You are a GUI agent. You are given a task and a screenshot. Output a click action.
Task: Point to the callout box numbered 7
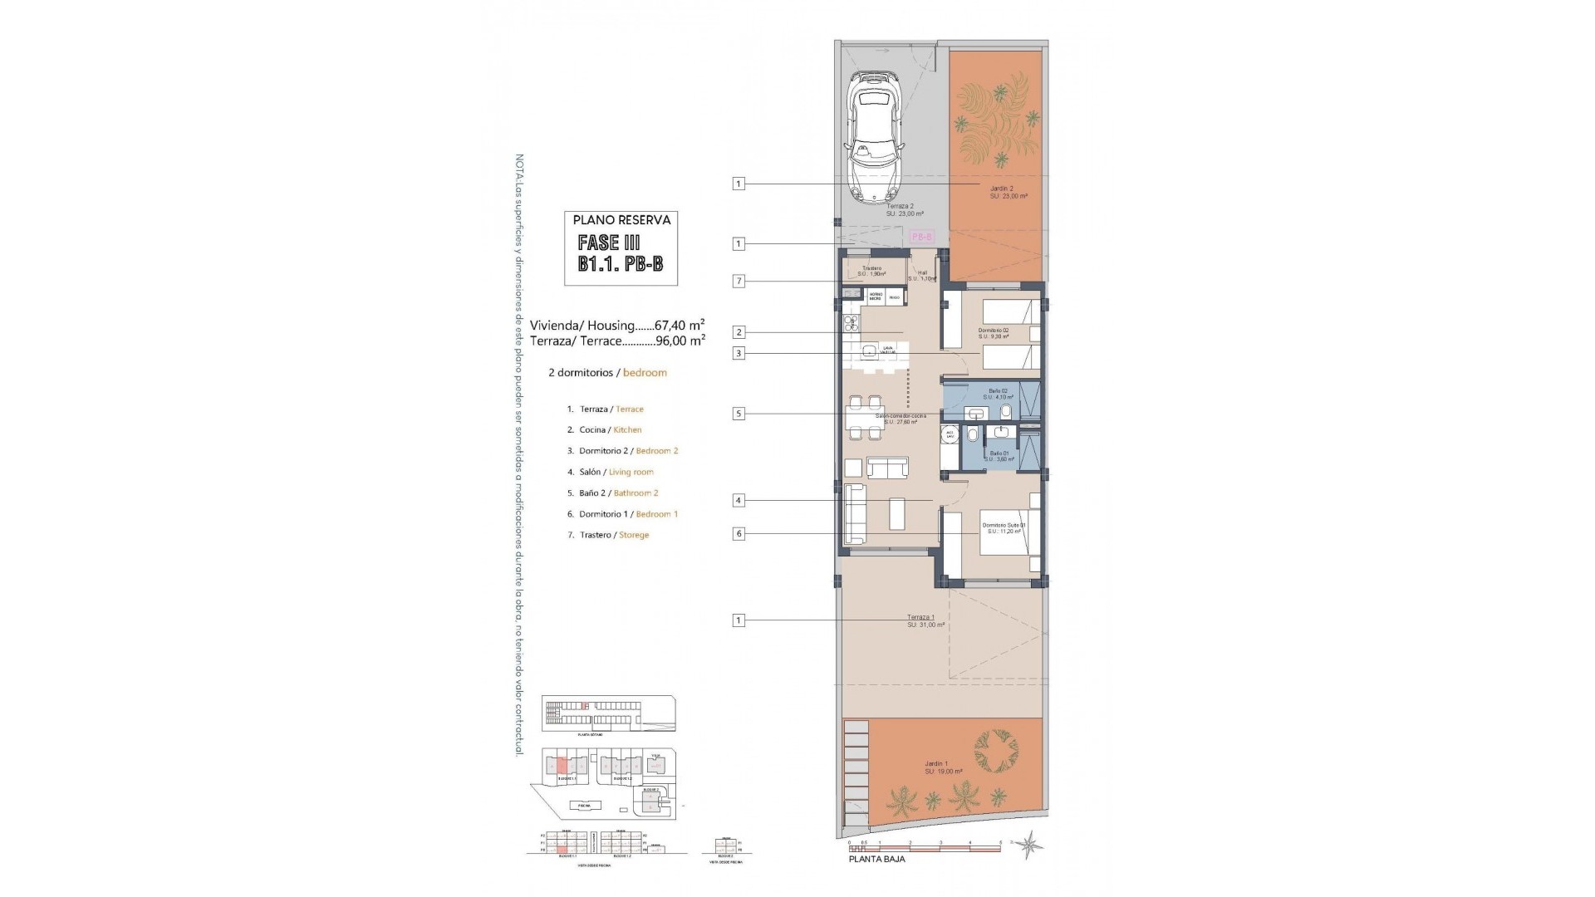tap(739, 282)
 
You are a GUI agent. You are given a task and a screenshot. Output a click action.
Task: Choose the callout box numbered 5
tap(739, 414)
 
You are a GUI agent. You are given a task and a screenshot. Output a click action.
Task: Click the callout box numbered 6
tap(739, 534)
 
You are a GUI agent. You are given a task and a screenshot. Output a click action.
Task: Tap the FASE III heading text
tap(611, 243)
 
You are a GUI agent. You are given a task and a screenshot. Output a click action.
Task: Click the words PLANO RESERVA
tap(621, 220)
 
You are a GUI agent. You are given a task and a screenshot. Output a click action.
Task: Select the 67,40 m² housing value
tap(680, 325)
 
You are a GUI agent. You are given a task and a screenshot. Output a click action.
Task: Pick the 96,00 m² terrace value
tap(680, 340)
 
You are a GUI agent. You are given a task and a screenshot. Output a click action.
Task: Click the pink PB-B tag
tap(922, 237)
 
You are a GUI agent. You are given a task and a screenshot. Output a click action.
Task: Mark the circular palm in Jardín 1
tap(994, 752)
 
